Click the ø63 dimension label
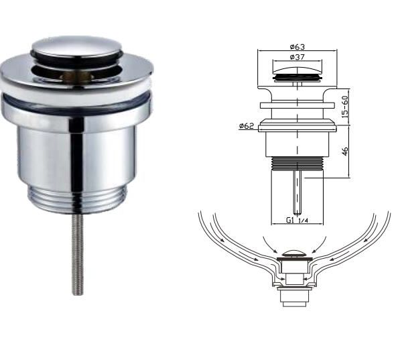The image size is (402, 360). pos(297,47)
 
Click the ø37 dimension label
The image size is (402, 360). pos(297,57)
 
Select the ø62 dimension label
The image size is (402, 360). pos(247,126)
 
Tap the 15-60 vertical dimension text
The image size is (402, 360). pos(345,107)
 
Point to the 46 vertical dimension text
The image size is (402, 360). pos(345,151)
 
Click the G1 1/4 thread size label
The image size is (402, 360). pos(297,220)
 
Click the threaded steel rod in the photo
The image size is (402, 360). pos(78,254)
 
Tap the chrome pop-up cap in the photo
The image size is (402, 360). pos(76,49)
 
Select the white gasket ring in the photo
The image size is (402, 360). pos(77,90)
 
